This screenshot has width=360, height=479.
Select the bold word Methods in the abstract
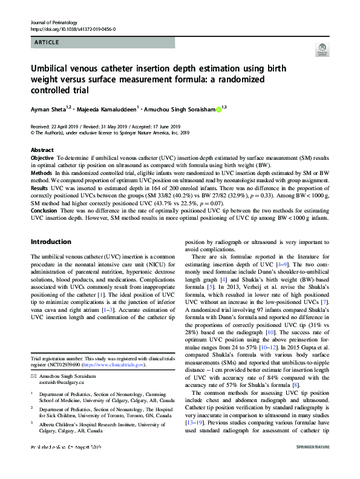[41, 173]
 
